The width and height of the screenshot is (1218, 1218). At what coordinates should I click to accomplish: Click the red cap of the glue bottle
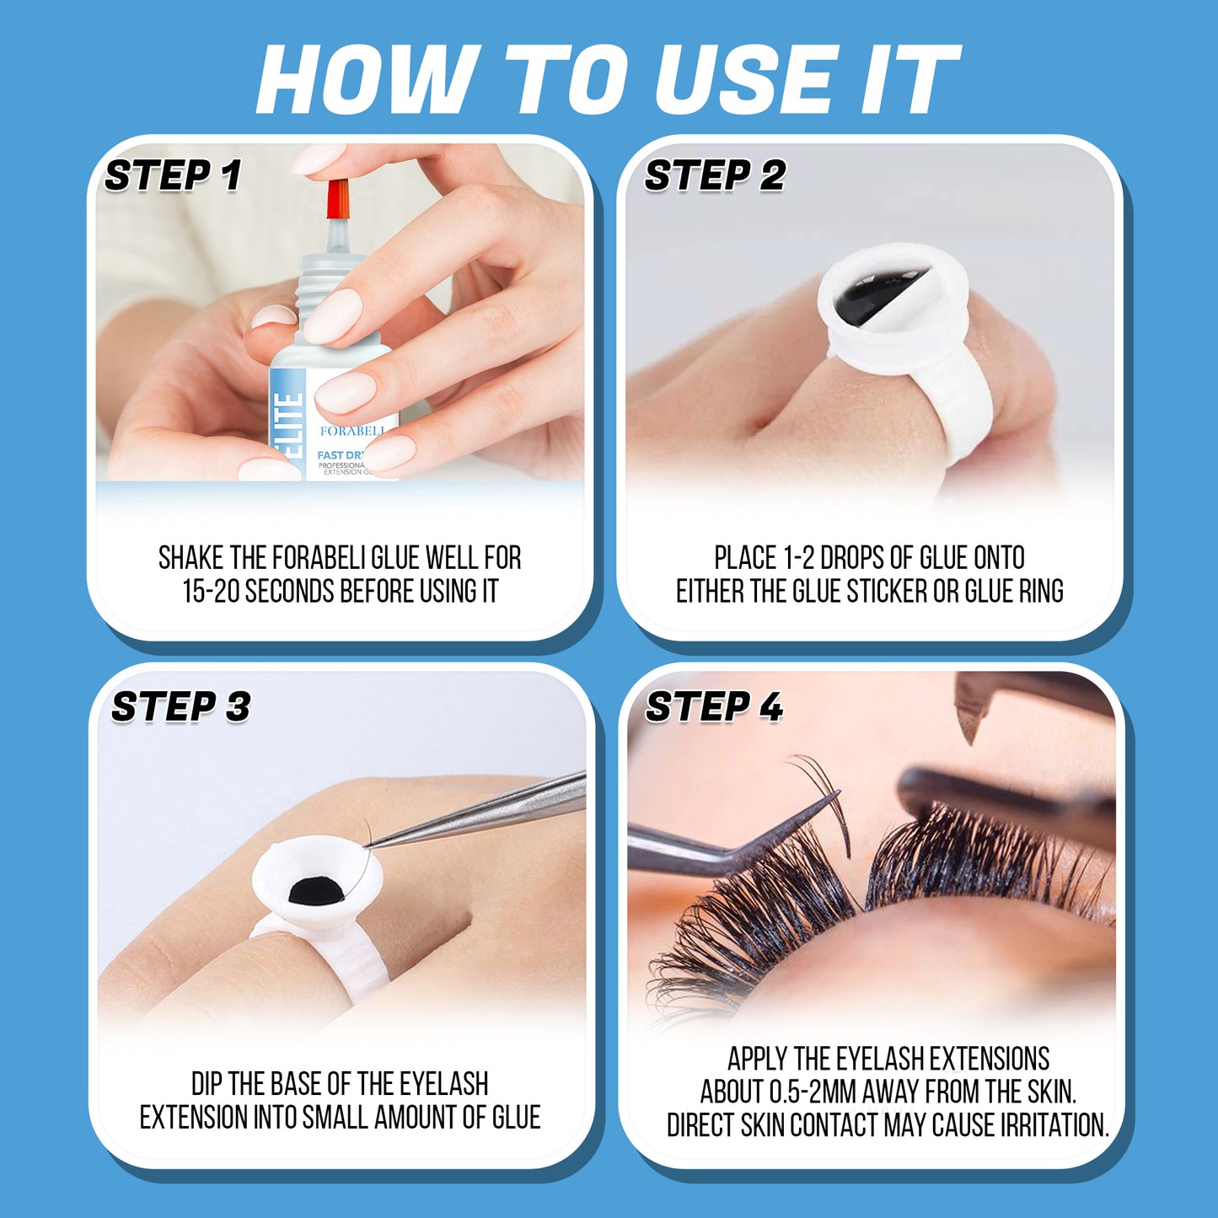point(339,199)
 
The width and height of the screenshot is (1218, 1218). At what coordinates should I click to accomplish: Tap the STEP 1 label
point(173,175)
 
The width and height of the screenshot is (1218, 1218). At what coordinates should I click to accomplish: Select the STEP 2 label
point(715,175)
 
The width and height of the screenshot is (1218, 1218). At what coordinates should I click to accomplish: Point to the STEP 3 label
point(180,706)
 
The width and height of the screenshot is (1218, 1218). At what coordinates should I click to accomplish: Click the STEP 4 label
point(715,706)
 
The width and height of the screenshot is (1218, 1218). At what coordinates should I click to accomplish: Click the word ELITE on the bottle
point(287,426)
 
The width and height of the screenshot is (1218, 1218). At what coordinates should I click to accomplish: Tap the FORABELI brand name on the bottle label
point(351,431)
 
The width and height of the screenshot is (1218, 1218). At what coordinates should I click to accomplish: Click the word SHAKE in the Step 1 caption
point(190,558)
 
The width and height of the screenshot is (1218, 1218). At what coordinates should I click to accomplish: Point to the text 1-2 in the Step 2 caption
point(799,558)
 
